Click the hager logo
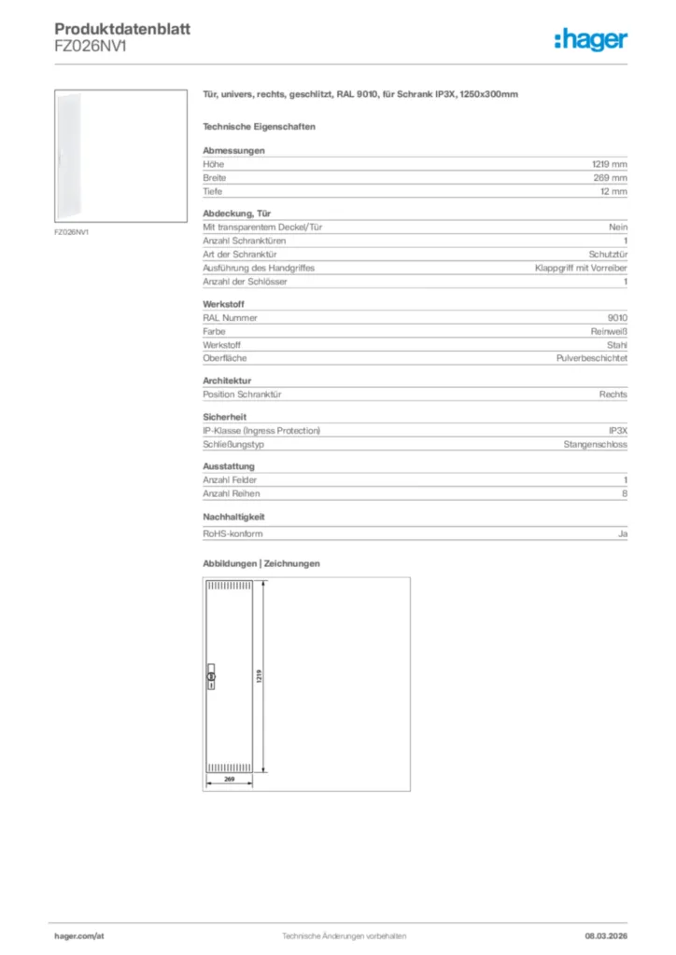coord(591,39)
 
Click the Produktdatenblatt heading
coord(122,30)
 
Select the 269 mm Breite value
coord(613,177)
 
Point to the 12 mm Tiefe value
coord(613,191)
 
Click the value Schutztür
coord(608,254)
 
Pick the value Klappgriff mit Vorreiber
coord(581,268)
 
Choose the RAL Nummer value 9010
coord(617,317)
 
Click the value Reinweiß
coord(608,331)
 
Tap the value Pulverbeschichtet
coord(592,358)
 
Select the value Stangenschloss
coord(595,445)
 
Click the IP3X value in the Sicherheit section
coord(617,431)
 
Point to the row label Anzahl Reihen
coord(232,493)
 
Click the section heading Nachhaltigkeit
coord(234,516)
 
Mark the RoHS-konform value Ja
coord(622,533)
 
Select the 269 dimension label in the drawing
coord(229,778)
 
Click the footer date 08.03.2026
coord(599,935)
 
